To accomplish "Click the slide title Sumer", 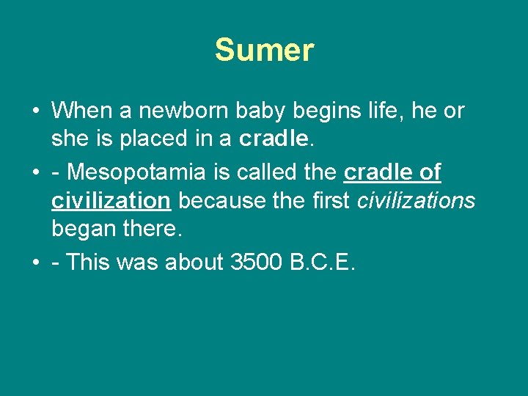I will (264, 51).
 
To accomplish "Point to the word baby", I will (264, 111).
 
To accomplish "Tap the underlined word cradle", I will (378, 172).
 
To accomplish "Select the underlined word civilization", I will (110, 200).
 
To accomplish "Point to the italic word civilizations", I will (416, 200).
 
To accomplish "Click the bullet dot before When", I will (35, 111).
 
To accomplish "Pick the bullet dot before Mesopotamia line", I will (35, 173).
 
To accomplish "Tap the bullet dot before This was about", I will (35, 263).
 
